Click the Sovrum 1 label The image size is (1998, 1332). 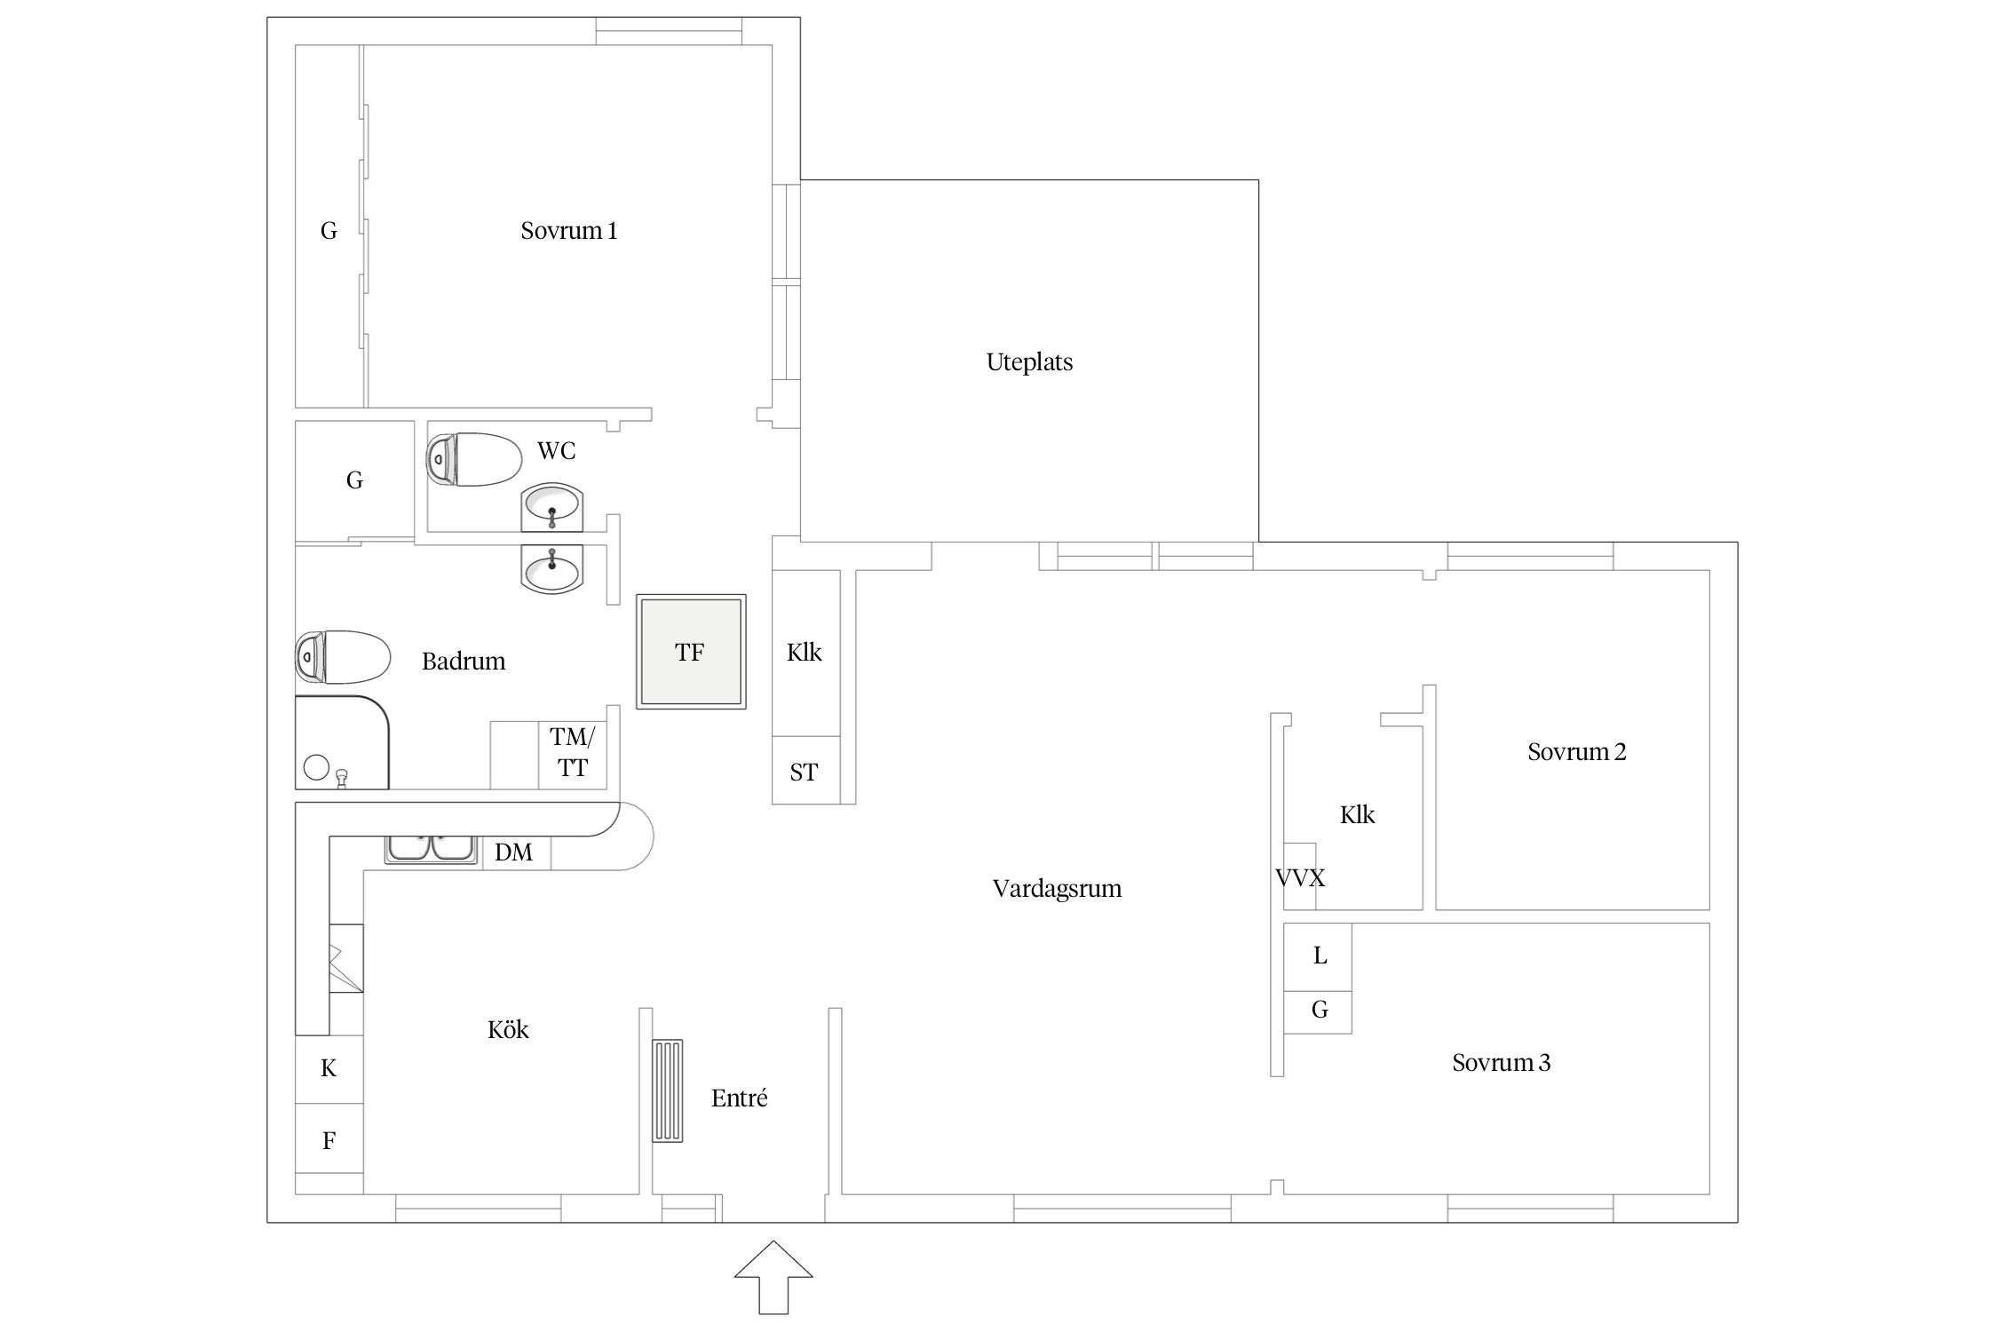tap(568, 231)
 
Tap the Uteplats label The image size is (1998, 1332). tap(1029, 362)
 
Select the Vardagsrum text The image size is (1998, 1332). tap(1057, 889)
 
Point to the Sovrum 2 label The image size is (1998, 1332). tap(1576, 752)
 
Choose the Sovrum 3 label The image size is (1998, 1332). tap(1501, 1063)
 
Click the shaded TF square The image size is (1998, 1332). tap(691, 652)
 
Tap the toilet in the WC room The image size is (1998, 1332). tap(474, 459)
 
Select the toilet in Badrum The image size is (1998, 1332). tap(343, 657)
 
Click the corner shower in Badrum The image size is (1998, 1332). tap(342, 742)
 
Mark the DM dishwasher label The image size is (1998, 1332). tap(513, 852)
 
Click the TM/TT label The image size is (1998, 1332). tap(572, 752)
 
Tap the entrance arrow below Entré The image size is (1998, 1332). tap(773, 1277)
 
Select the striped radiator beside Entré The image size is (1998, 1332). tap(668, 1090)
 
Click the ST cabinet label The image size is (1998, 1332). tap(804, 773)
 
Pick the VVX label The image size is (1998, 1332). tap(1300, 878)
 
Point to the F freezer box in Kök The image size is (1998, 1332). tap(329, 1139)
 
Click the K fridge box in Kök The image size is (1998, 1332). tap(329, 1069)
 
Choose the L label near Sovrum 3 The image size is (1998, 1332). tap(1320, 955)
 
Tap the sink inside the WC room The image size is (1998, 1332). tap(551, 507)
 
